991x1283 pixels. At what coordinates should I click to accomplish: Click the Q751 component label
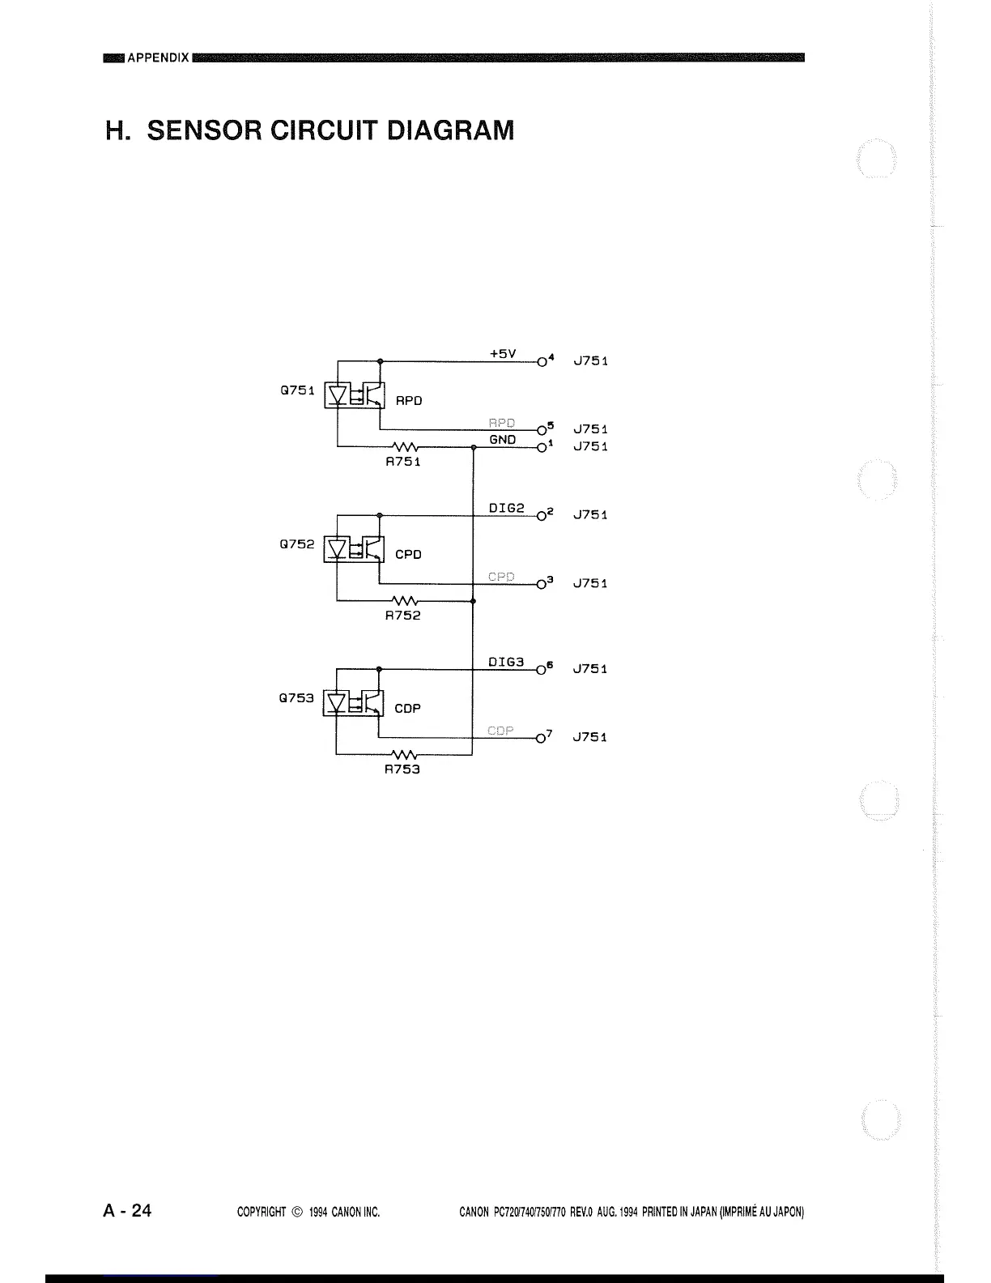(x=296, y=390)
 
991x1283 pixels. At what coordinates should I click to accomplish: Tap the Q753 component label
(x=296, y=697)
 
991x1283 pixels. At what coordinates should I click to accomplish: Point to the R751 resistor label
(x=402, y=462)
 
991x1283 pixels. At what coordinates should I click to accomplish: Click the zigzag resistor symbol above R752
(x=404, y=601)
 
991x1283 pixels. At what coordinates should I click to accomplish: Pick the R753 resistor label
(x=402, y=769)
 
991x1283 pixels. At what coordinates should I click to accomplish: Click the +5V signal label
(x=503, y=354)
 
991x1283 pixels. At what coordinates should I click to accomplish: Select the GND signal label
(x=503, y=439)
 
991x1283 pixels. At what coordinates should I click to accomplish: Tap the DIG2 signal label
(x=507, y=508)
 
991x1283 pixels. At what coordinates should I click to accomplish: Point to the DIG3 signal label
(x=507, y=662)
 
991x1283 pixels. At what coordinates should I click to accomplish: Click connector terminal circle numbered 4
(x=540, y=361)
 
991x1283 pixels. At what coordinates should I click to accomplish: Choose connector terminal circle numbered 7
(x=540, y=738)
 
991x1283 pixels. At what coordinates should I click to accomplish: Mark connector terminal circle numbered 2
(x=540, y=515)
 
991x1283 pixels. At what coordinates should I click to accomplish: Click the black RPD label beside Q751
(x=409, y=401)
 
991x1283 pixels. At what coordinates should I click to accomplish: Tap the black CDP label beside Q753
(x=407, y=708)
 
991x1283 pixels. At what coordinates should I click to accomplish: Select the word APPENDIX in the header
(x=159, y=58)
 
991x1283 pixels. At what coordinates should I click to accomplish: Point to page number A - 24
(x=127, y=1211)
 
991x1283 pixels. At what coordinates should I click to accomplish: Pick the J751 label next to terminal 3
(x=590, y=583)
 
